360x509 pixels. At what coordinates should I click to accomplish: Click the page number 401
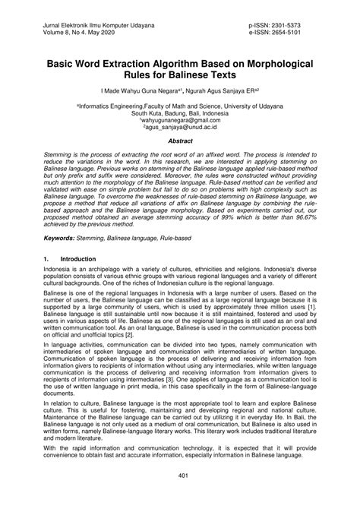coord(180,476)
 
